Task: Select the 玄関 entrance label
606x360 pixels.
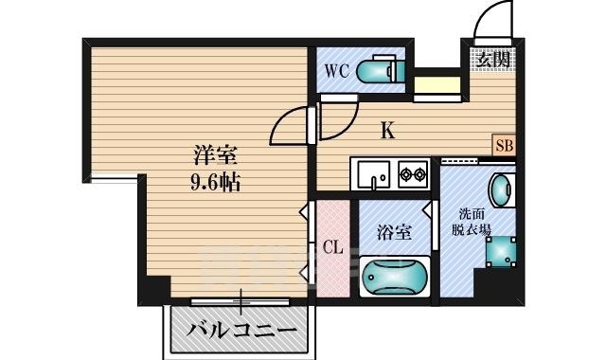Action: tap(492, 59)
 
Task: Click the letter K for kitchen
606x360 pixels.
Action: tap(387, 131)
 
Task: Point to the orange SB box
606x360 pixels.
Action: tap(505, 146)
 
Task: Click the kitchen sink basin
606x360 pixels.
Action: tap(370, 174)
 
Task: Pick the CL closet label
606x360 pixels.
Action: tap(332, 248)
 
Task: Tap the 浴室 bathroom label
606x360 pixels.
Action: tap(394, 230)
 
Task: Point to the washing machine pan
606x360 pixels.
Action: tap(501, 251)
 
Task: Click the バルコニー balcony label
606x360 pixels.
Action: tap(241, 331)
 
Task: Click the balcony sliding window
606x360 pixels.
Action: tap(241, 302)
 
